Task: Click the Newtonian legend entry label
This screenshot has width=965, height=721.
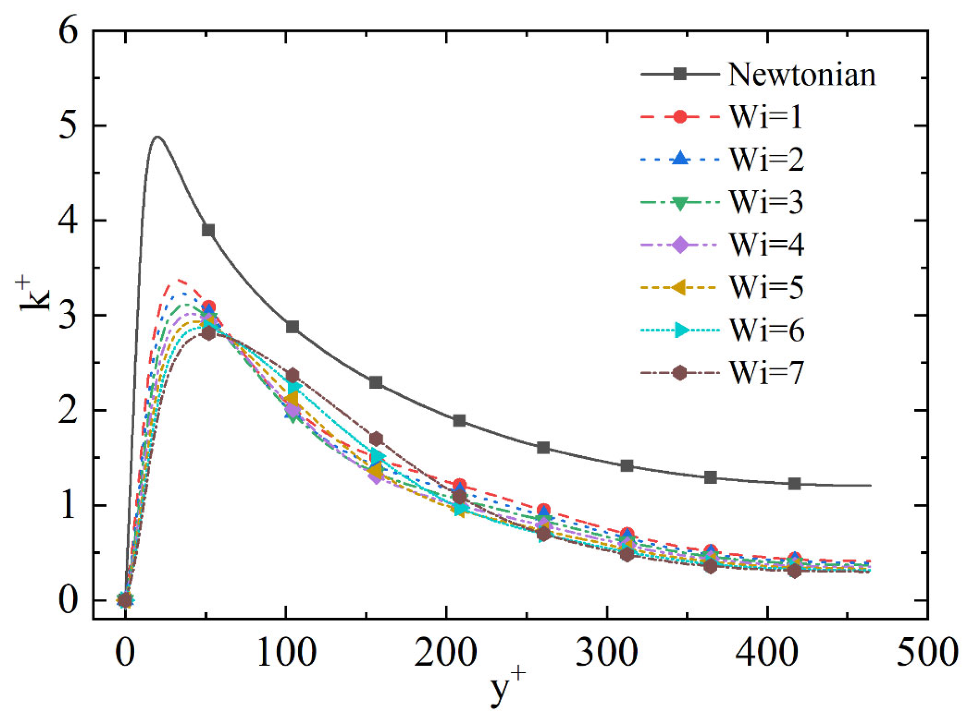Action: [x=801, y=75]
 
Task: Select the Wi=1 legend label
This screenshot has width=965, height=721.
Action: [x=766, y=117]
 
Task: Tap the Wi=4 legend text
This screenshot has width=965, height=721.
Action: [x=767, y=245]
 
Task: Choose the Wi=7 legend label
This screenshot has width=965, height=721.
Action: [x=767, y=373]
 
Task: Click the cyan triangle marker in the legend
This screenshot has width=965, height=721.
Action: [x=681, y=330]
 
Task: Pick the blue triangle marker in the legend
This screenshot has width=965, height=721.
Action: [x=680, y=159]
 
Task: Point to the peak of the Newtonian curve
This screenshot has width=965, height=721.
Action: [x=158, y=137]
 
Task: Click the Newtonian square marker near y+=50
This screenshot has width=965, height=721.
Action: [x=208, y=230]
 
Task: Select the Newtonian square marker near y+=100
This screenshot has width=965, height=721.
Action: [x=292, y=327]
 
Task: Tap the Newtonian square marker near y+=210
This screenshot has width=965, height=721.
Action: [x=459, y=421]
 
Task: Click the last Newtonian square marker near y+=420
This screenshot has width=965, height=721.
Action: [x=794, y=484]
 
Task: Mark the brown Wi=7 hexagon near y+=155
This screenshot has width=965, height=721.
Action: [x=376, y=438]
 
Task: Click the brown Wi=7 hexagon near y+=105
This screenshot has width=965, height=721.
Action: [x=292, y=375]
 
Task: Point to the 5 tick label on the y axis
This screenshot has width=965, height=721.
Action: [x=68, y=126]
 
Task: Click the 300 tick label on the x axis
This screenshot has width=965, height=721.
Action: [x=606, y=652]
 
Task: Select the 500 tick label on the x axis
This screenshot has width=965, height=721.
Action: [x=927, y=652]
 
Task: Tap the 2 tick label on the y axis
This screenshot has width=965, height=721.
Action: [x=68, y=411]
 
